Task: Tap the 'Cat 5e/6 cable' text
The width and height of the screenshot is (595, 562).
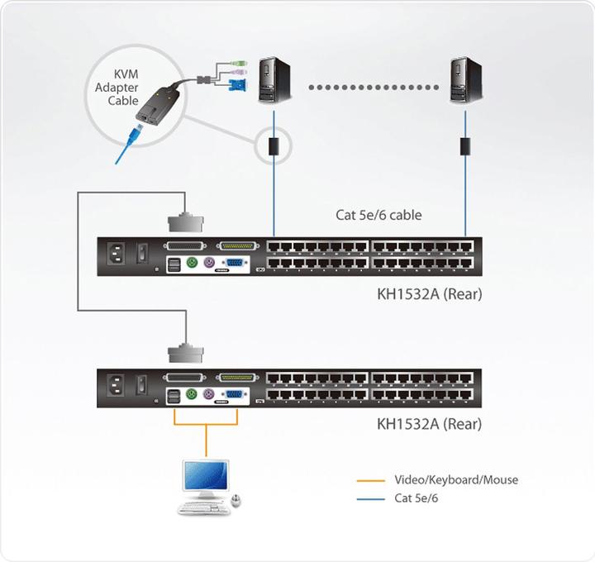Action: [x=378, y=215]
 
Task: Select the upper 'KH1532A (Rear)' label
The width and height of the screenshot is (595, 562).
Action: [x=429, y=293]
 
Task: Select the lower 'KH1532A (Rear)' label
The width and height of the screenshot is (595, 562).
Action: [x=429, y=425]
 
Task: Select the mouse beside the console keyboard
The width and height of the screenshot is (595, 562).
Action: [x=237, y=501]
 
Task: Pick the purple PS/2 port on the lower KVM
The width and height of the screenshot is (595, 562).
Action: [x=209, y=396]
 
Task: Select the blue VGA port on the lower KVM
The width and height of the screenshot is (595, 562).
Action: [x=235, y=395]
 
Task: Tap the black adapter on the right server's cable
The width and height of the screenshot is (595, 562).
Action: [x=464, y=146]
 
